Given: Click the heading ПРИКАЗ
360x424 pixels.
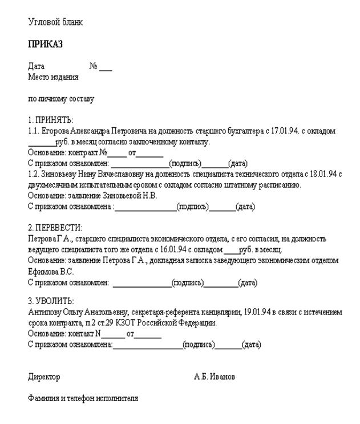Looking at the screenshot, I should click(45, 44).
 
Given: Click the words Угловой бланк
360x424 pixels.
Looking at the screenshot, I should click(55, 22).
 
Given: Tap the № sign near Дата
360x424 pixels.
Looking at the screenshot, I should click(94, 66).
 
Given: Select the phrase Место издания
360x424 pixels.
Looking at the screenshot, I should click(53, 76).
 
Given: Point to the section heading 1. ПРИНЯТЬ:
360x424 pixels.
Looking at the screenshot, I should click(51, 120).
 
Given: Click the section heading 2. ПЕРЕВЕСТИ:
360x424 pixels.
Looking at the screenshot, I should click(55, 228).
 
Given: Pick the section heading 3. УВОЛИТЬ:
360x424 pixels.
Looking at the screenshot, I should click(51, 301).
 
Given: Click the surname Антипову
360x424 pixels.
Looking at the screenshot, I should click(45, 312).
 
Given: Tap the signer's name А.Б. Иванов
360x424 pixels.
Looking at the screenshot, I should click(214, 377).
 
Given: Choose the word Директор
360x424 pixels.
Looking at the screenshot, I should click(44, 377).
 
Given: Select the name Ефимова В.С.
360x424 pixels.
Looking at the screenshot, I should click(47, 271).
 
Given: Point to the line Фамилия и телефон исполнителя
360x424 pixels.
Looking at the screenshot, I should click(83, 398).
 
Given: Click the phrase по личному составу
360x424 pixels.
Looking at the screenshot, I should click(61, 98).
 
